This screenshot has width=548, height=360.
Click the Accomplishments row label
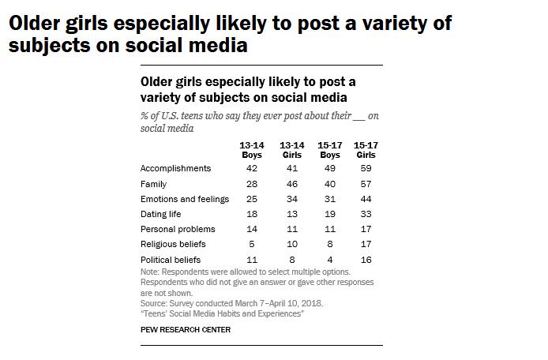point(175,168)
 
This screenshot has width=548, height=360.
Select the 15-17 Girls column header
point(365,150)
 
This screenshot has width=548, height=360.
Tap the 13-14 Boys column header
point(251,150)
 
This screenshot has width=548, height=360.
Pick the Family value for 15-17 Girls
point(365,184)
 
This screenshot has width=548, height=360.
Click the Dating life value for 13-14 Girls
point(291,214)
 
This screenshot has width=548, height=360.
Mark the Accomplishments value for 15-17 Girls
point(365,168)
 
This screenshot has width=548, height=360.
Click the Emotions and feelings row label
point(184,199)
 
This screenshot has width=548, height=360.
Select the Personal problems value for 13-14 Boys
point(251,229)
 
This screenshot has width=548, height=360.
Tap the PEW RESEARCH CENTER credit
point(186,330)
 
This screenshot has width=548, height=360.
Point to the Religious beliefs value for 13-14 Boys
point(251,244)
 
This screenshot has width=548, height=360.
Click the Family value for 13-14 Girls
point(291,184)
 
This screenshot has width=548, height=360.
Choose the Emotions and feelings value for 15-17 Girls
point(365,199)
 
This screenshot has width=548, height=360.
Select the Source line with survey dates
point(231,303)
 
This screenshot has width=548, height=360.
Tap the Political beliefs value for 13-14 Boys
point(251,259)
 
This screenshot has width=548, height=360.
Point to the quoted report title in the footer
point(222,313)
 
